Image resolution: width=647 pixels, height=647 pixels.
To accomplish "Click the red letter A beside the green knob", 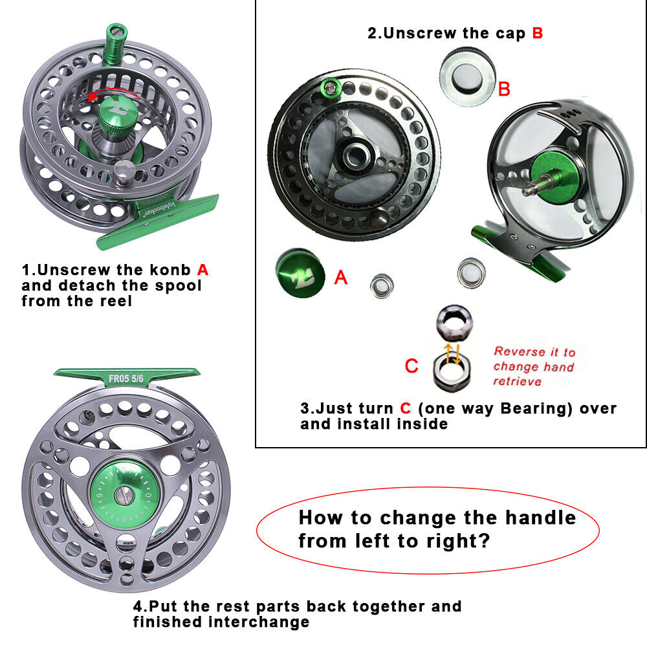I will click(x=340, y=278).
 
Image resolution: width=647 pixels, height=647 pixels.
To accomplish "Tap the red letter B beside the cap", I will click(x=504, y=89).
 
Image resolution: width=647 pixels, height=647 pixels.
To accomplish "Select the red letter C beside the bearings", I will click(x=411, y=366).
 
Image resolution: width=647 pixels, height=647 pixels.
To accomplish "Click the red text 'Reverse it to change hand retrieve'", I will click(x=534, y=366).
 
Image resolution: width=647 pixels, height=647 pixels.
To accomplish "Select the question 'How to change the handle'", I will click(x=437, y=518).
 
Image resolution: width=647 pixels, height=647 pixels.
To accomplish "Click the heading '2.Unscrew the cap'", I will click(x=447, y=33).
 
